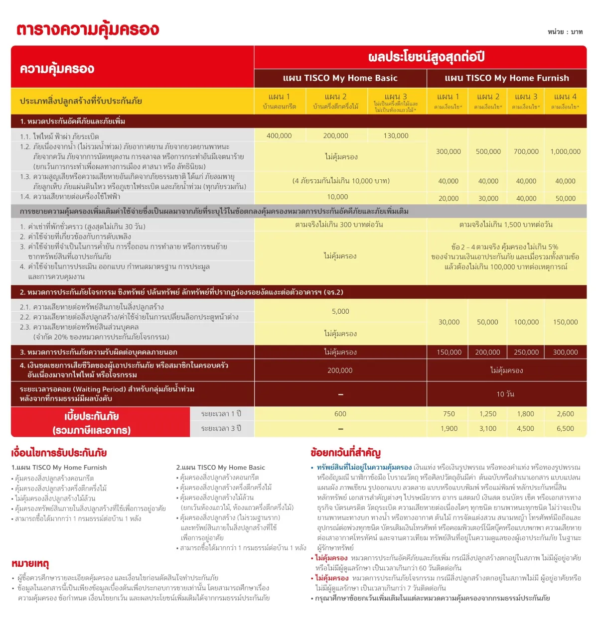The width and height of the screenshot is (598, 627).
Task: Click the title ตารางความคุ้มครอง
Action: (88, 29)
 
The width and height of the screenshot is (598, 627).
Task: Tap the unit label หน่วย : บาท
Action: (565, 32)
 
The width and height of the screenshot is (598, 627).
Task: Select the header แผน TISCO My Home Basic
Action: (340, 78)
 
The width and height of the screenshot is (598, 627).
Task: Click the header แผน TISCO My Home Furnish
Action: (506, 78)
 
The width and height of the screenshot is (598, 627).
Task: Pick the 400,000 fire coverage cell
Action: (279, 136)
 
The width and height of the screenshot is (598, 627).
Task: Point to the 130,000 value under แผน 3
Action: (396, 136)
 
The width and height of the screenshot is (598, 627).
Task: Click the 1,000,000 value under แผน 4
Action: (565, 152)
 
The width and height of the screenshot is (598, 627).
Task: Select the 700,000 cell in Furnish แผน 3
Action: (526, 152)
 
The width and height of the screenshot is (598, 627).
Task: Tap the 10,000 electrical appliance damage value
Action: (337, 197)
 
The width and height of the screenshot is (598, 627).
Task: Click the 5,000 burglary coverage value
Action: (340, 312)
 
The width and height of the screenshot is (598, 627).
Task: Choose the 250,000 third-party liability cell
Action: (526, 353)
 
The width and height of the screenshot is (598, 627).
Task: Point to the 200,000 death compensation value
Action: (340, 371)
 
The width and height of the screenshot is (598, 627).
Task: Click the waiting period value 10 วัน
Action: (505, 394)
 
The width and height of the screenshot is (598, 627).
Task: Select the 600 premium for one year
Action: (340, 414)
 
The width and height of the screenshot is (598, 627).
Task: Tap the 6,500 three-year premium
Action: (565, 429)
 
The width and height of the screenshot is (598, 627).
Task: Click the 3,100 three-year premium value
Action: (487, 429)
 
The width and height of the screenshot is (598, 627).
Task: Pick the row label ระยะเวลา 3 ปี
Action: (221, 429)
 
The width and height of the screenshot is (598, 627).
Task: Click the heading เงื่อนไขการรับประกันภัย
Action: (59, 453)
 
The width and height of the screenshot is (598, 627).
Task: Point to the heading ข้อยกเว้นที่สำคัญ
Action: (345, 453)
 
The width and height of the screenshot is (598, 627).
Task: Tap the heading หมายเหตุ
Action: (30, 564)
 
